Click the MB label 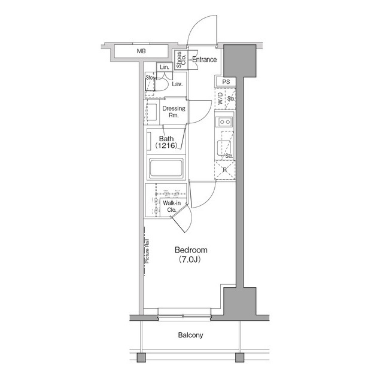click(141, 51)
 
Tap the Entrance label click(205, 59)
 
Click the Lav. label click(177, 84)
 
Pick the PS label click(226, 82)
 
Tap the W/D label click(220, 98)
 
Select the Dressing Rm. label click(174, 112)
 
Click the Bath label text click(167, 138)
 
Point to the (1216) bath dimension click(167, 146)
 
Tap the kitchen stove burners click(225, 122)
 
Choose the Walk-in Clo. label click(171, 206)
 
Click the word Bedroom click(191, 250)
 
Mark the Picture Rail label click(147, 251)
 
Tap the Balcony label click(190, 335)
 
